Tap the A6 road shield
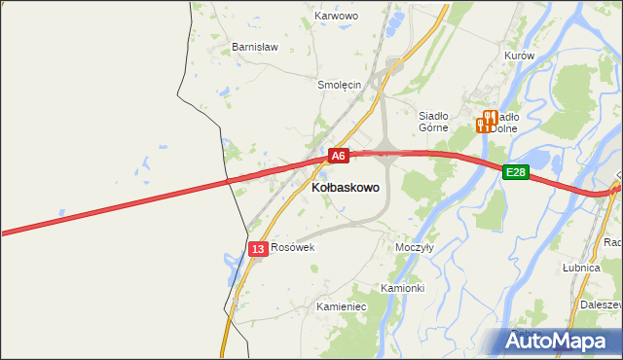337,156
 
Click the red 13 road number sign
257,249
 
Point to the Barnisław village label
255,47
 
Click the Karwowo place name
337,17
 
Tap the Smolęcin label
340,85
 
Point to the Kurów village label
520,55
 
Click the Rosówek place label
293,247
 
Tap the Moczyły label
414,247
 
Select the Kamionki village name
402,288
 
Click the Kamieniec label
341,306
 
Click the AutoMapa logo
557,341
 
